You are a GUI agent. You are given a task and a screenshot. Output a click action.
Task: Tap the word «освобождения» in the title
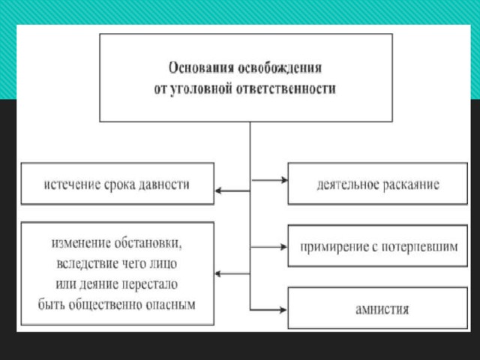pyautogui.click(x=280, y=68)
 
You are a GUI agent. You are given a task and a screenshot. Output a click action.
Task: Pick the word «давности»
pyautogui.click(x=164, y=184)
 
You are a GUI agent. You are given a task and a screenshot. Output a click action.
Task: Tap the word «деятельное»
pyautogui.click(x=348, y=184)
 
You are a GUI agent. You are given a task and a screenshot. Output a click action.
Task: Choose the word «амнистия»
pyautogui.click(x=382, y=309)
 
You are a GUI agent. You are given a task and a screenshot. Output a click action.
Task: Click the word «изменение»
pyautogui.click(x=81, y=243)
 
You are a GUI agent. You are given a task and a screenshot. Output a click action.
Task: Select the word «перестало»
pyautogui.click(x=150, y=284)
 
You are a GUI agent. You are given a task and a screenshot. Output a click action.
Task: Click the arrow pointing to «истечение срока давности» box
pyautogui.click(x=232, y=191)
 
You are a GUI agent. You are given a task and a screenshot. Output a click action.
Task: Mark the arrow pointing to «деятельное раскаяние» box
pyautogui.click(x=269, y=180)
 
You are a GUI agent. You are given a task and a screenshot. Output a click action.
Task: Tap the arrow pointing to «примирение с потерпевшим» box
pyautogui.click(x=268, y=247)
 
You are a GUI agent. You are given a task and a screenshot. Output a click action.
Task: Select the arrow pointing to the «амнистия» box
pyautogui.click(x=268, y=310)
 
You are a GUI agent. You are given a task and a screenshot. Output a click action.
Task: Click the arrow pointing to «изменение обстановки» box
pyautogui.click(x=232, y=274)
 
